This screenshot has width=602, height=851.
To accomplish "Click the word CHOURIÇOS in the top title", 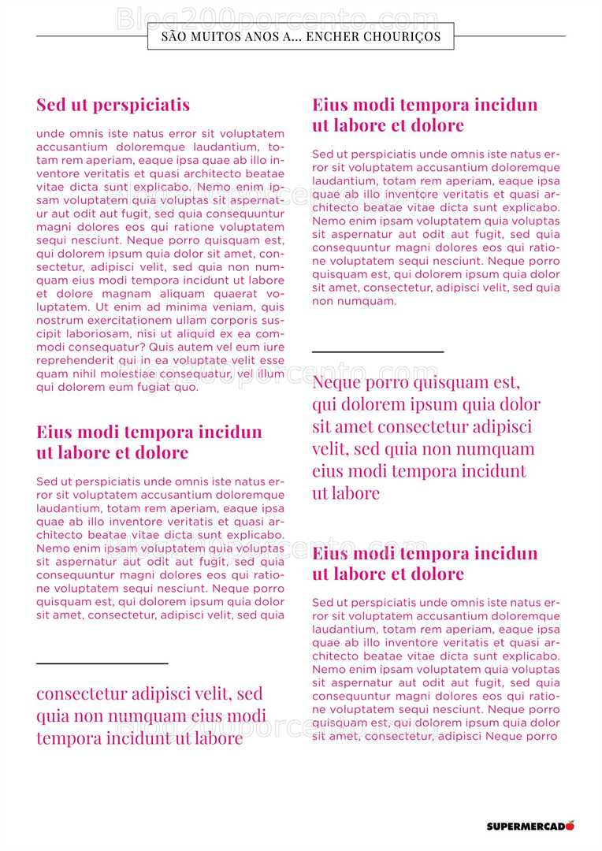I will click(x=404, y=36).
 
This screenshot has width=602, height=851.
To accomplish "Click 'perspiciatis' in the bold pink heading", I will click(x=141, y=105).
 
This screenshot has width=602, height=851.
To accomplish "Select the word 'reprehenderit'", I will click(x=73, y=361).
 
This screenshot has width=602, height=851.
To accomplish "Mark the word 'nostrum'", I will click(x=57, y=321).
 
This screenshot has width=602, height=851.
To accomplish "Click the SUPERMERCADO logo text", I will click(x=525, y=827).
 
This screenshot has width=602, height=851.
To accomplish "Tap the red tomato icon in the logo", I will click(x=570, y=825).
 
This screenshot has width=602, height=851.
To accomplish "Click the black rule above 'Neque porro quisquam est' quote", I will click(x=377, y=351).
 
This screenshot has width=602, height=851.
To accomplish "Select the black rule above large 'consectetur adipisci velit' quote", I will click(x=102, y=663).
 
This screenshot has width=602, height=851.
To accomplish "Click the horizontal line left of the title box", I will click(x=91, y=36).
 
